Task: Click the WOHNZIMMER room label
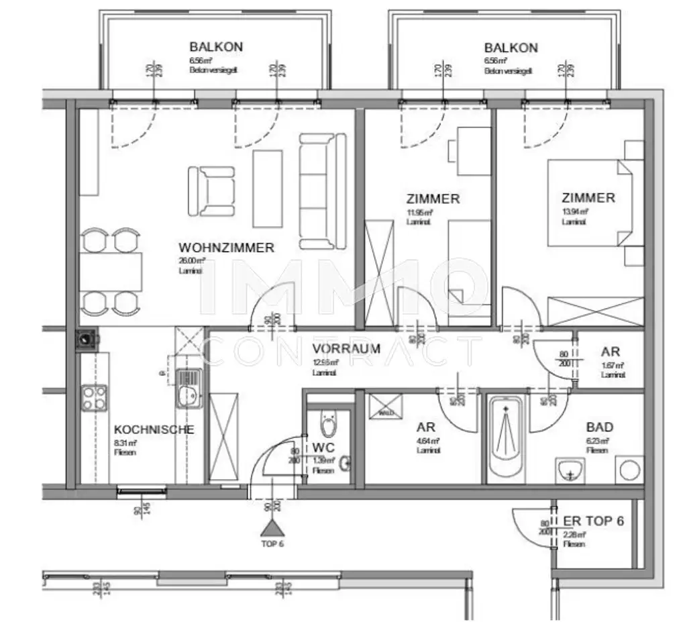coord(226,248)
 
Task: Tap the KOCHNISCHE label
coord(154,429)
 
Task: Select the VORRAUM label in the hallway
coord(346,349)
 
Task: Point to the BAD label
coord(599,427)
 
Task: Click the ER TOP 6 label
coord(594,521)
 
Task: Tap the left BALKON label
coord(215,48)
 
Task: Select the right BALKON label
coord(511,48)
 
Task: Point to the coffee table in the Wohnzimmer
coord(268,189)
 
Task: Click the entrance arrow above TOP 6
coord(272,525)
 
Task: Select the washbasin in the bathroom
coord(572,471)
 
